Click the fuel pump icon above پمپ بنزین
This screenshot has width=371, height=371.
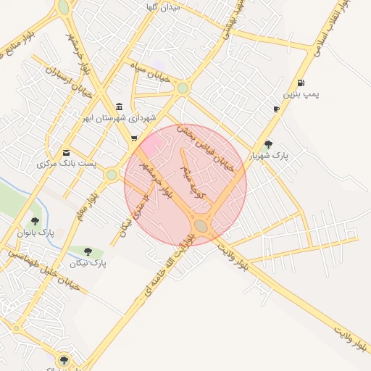pos(301,83)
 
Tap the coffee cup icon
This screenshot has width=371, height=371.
pos(276,109)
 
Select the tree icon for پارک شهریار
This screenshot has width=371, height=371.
pos(269,144)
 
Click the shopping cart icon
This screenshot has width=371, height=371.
pos(134,138)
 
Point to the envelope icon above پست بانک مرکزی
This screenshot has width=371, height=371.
pos(67,152)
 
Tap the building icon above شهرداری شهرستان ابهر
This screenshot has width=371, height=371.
pos(119,106)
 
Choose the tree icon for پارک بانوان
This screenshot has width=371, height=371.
pos(35,221)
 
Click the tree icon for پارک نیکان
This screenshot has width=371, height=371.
pos(88,252)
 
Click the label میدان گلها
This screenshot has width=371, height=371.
pos(162,7)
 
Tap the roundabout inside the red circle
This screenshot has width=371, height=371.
pos(201,227)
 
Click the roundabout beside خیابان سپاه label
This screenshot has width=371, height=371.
pos(183,88)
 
